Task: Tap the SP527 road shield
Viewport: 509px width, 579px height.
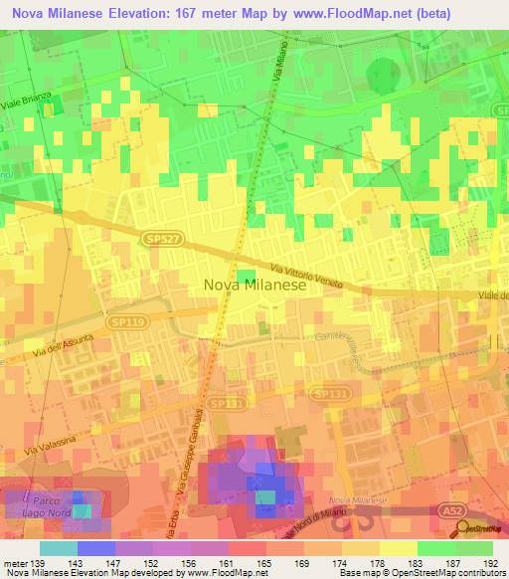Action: [x=155, y=241]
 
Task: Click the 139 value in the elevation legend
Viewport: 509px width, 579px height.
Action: [x=39, y=562]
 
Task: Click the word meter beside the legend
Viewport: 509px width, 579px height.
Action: [x=13, y=562]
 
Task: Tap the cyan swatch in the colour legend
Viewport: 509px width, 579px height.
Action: [x=58, y=548]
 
